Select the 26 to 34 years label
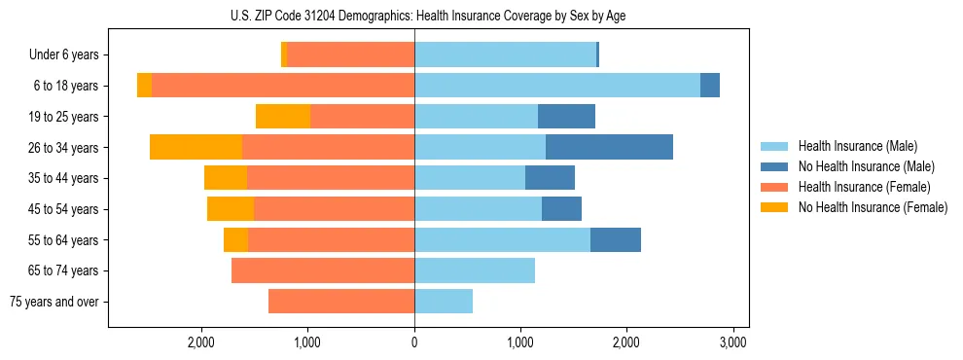click(x=65, y=148)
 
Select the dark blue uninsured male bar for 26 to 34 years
click(x=609, y=148)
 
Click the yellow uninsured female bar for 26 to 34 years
click(x=196, y=148)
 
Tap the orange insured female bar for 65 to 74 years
click(x=323, y=270)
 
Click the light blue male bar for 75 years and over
click(x=444, y=302)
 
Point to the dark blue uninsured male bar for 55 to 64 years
click(x=616, y=239)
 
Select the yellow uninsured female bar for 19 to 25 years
click(x=283, y=117)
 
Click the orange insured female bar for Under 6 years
click(x=351, y=55)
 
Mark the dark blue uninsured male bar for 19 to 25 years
click(x=566, y=117)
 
